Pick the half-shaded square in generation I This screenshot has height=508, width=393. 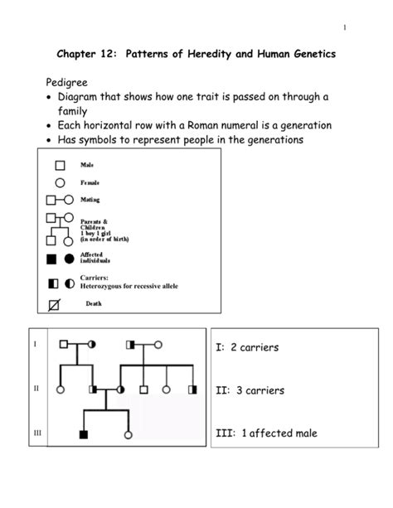pos(130,344)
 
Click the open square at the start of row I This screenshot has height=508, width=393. pos(63,344)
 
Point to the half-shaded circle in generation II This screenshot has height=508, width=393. pos(120,389)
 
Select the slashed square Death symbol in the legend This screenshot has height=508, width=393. pos(56,305)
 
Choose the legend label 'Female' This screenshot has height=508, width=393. pos(90,182)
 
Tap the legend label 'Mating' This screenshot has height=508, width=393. pos(90,200)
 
